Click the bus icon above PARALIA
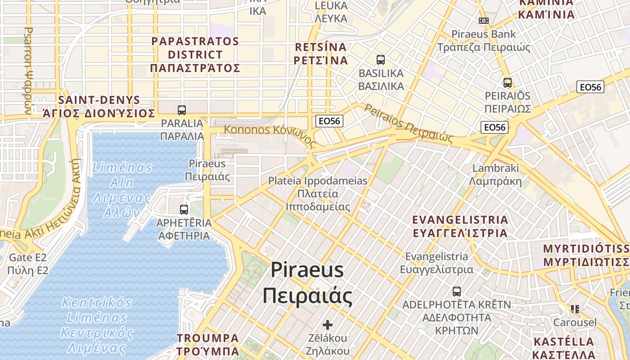(182, 110)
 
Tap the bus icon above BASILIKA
(381, 59)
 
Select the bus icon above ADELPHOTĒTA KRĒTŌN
(457, 291)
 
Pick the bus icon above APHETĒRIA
(184, 209)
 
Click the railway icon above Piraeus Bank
(484, 20)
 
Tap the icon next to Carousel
(575, 309)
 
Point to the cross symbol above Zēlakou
(328, 324)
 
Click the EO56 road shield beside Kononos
(329, 121)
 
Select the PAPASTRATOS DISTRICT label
(195, 54)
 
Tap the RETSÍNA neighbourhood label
(321, 54)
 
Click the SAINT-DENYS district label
(99, 107)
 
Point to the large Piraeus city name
(308, 283)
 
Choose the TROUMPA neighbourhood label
(207, 344)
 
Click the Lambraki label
(495, 175)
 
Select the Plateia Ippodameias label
(318, 193)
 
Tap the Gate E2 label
(27, 264)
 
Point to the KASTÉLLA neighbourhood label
(563, 347)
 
